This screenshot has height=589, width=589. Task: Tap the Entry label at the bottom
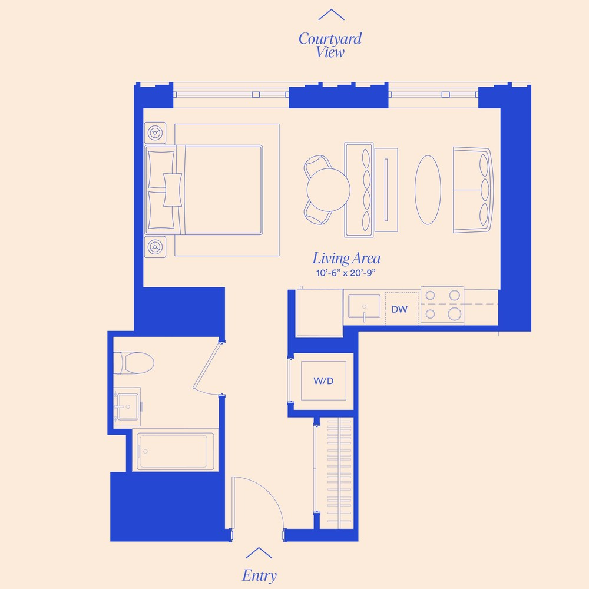click(259, 575)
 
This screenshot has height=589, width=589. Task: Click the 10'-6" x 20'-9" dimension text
click(346, 273)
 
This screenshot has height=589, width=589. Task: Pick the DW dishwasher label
click(399, 309)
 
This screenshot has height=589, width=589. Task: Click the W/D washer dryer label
click(323, 381)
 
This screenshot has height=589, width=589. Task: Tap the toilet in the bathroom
click(134, 362)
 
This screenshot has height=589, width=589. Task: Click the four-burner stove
click(442, 305)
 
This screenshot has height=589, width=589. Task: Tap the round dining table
click(328, 188)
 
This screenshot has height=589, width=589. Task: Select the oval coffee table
click(428, 189)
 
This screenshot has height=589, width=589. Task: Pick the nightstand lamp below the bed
click(156, 246)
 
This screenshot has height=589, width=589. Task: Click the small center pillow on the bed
click(172, 190)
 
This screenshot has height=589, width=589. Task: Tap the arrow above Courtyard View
click(331, 15)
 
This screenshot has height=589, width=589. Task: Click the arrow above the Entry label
click(259, 552)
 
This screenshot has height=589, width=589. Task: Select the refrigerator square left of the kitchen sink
click(319, 312)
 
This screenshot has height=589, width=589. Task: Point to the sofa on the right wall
click(472, 190)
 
